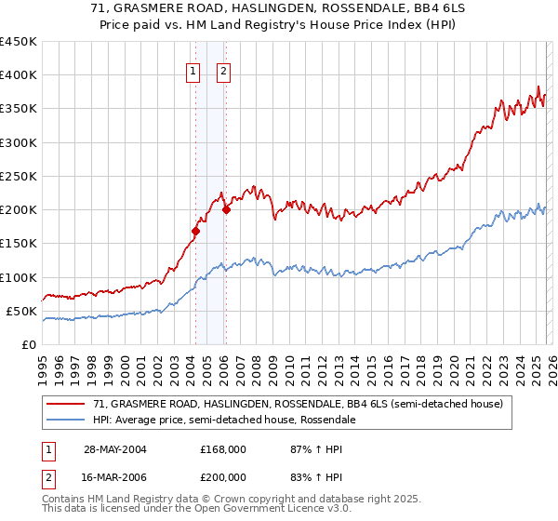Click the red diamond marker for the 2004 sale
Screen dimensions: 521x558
coord(195,231)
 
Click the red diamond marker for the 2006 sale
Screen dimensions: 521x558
coord(226,209)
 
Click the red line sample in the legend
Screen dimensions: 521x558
coord(68,404)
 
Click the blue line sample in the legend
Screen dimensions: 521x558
coord(68,420)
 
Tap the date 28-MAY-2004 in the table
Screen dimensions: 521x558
coord(114,448)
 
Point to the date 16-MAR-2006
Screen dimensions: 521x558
coord(114,476)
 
